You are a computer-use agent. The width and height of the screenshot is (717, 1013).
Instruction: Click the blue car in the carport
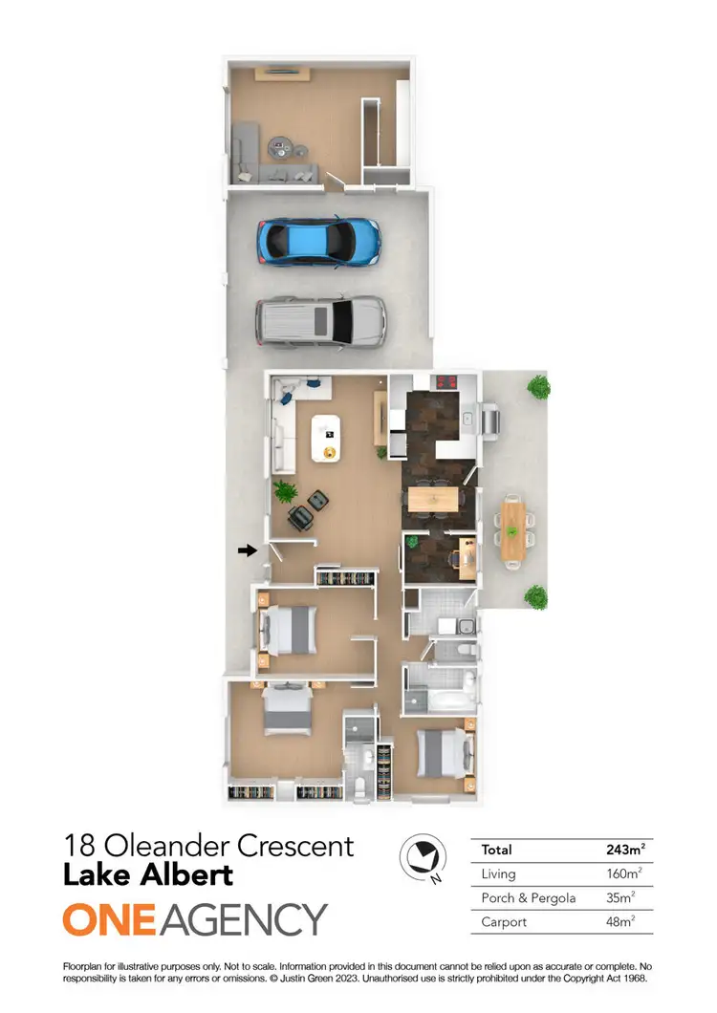click(317, 241)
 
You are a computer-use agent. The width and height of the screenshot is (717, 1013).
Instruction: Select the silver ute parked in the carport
click(320, 320)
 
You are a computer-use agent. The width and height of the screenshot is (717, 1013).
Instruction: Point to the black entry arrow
click(248, 550)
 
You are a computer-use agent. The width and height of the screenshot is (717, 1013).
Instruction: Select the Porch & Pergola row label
click(529, 898)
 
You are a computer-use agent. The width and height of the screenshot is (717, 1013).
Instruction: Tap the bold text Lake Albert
click(147, 874)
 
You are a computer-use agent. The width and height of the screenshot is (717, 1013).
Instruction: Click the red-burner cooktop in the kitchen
click(446, 383)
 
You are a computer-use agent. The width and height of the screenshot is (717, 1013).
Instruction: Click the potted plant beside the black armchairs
click(283, 491)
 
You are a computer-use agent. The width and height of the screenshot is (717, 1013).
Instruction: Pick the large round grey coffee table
click(283, 148)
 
